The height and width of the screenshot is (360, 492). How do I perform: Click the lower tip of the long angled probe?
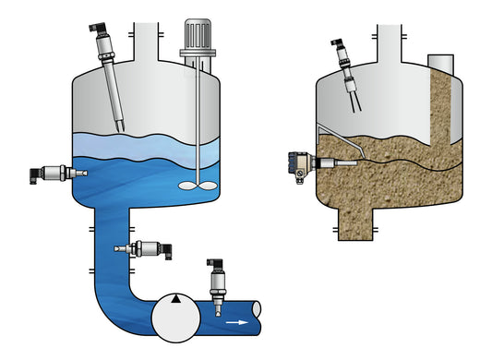[122, 127]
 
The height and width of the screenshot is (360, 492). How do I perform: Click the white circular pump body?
[175, 318]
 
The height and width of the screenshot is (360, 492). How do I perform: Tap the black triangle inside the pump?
[175, 300]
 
